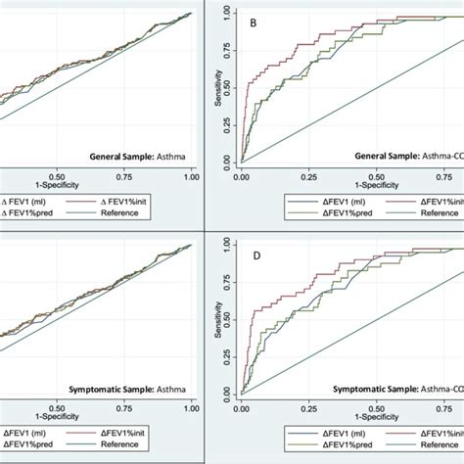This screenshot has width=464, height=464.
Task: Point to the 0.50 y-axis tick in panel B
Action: click(227, 87)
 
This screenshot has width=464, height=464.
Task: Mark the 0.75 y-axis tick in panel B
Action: click(227, 50)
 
